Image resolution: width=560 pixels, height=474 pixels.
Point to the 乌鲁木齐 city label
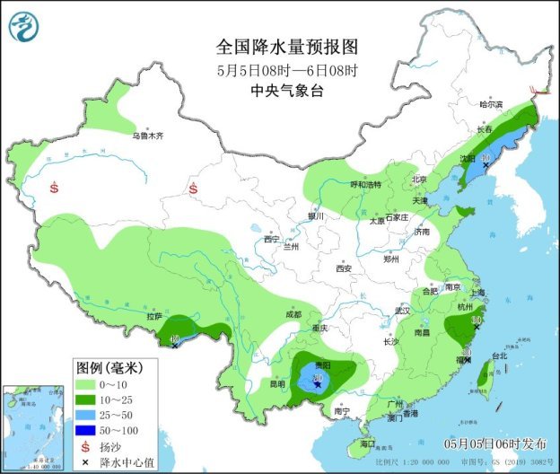click(x=148, y=136)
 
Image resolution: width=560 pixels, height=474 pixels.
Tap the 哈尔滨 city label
click(x=492, y=104)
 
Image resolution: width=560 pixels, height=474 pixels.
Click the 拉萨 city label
click(x=154, y=316)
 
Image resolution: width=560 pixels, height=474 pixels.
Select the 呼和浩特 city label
click(x=365, y=184)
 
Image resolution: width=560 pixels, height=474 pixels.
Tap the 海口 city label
click(x=367, y=444)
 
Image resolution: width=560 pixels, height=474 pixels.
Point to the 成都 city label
click(x=293, y=314)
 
